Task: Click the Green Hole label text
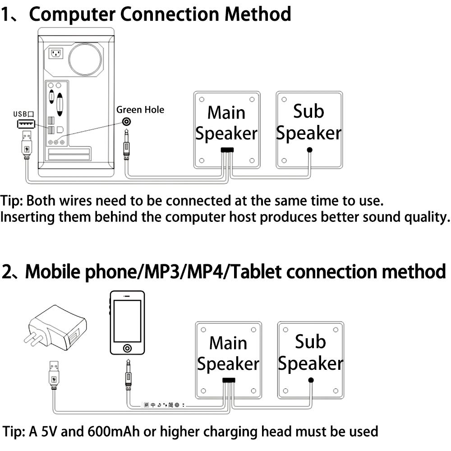(140, 110)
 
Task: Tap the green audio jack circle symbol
(128, 122)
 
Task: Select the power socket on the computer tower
(55, 54)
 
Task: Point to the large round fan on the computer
(85, 59)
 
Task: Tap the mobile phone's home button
(128, 348)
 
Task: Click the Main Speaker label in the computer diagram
(226, 123)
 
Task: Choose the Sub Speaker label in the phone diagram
(310, 353)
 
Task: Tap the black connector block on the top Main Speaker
(227, 150)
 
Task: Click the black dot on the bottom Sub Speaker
(311, 380)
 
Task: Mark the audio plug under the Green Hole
(127, 144)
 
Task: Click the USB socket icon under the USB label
(26, 124)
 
